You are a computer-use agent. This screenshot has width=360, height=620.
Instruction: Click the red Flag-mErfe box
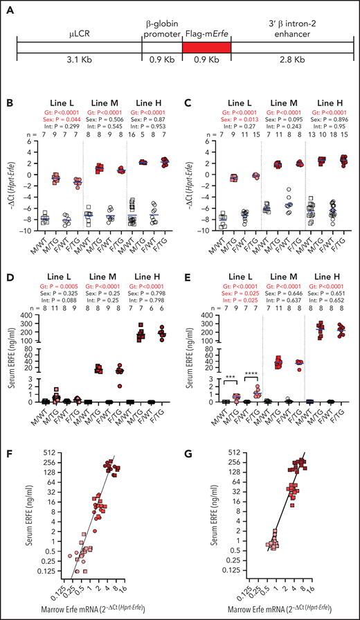pos(206,48)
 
